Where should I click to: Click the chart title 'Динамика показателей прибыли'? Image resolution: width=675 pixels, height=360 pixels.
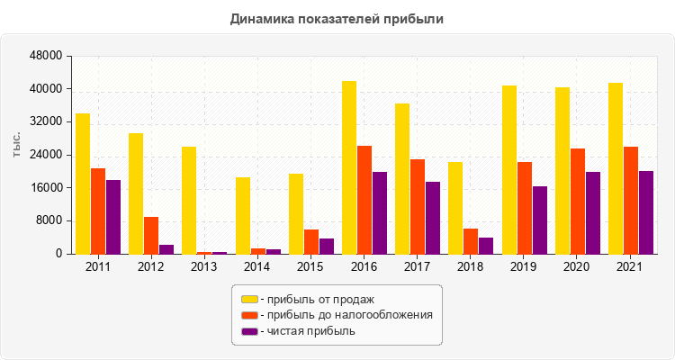point(337,18)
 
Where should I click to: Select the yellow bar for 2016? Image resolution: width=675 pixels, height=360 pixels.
point(349,167)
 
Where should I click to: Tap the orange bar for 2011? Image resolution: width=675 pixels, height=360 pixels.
point(98,211)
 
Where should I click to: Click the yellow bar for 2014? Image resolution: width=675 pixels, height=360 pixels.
point(243,215)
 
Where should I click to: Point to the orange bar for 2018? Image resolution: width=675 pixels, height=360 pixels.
point(471,241)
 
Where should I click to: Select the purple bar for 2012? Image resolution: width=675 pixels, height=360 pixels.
point(166,249)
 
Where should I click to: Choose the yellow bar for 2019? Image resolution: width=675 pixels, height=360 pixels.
point(509,169)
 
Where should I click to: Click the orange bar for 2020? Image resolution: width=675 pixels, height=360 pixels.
point(578,201)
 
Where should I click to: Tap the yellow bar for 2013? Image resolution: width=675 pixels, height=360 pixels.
point(189,200)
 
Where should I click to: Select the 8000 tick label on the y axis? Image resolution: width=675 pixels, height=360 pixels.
point(49,220)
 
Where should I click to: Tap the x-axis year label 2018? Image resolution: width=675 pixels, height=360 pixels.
point(472,267)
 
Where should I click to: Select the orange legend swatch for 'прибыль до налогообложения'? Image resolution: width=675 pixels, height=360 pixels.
point(248,315)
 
